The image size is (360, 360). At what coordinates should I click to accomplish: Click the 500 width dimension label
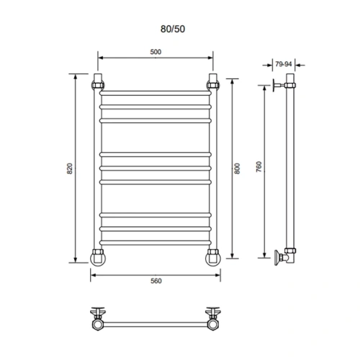tap(155, 51)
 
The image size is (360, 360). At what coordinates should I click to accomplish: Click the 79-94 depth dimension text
tap(283, 64)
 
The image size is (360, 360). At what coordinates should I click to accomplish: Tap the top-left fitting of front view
tap(98, 81)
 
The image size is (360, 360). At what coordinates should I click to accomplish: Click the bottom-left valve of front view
tap(97, 256)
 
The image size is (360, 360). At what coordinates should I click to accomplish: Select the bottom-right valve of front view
tap(213, 256)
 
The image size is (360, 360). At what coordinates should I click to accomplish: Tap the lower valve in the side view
tap(282, 255)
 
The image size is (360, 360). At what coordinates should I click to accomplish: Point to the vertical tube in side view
tap(291, 169)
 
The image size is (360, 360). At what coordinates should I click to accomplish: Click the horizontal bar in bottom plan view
tap(155, 320)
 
